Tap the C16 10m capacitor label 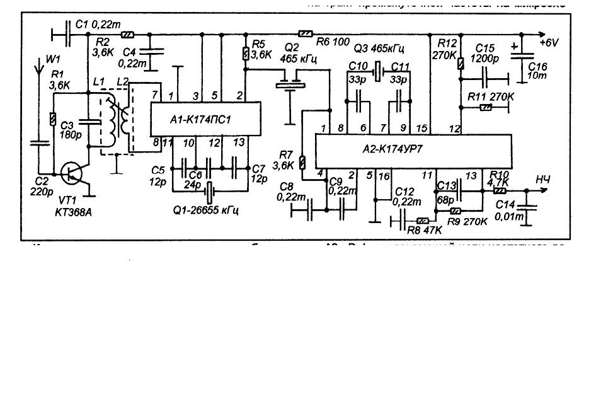539,71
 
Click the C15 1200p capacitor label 488,53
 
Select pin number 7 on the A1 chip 154,95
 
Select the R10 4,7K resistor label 499,179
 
